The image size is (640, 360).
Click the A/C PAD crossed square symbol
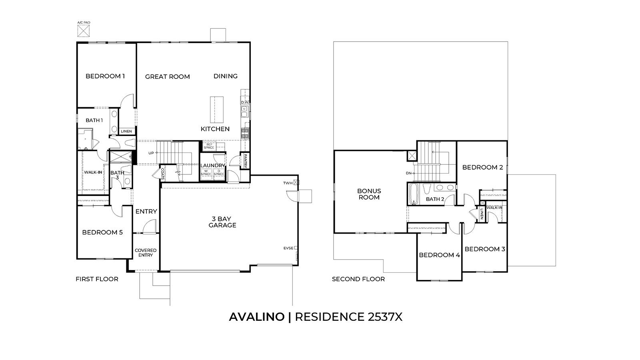[x=83, y=30]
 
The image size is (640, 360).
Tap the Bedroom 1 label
[x=105, y=76]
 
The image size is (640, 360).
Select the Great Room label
[x=167, y=76]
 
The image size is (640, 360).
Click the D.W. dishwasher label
[x=245, y=102]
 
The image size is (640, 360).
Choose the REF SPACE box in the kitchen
[x=209, y=146]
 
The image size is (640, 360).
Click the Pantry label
[x=245, y=161]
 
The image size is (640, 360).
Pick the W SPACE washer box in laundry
[x=206, y=172]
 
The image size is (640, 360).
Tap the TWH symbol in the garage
[x=296, y=183]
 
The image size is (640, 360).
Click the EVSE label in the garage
[x=288, y=248]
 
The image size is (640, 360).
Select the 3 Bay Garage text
[x=224, y=222]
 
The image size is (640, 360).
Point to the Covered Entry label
[x=146, y=252]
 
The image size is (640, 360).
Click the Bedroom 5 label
[x=102, y=232]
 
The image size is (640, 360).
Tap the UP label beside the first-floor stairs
[x=151, y=153]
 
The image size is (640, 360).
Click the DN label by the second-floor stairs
[x=408, y=173]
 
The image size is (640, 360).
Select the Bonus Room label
[x=369, y=194]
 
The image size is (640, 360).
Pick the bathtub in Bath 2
[x=414, y=194]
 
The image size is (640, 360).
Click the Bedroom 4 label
[x=439, y=255]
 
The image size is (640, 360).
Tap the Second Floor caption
[x=358, y=279]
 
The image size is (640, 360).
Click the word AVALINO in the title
[x=256, y=317]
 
